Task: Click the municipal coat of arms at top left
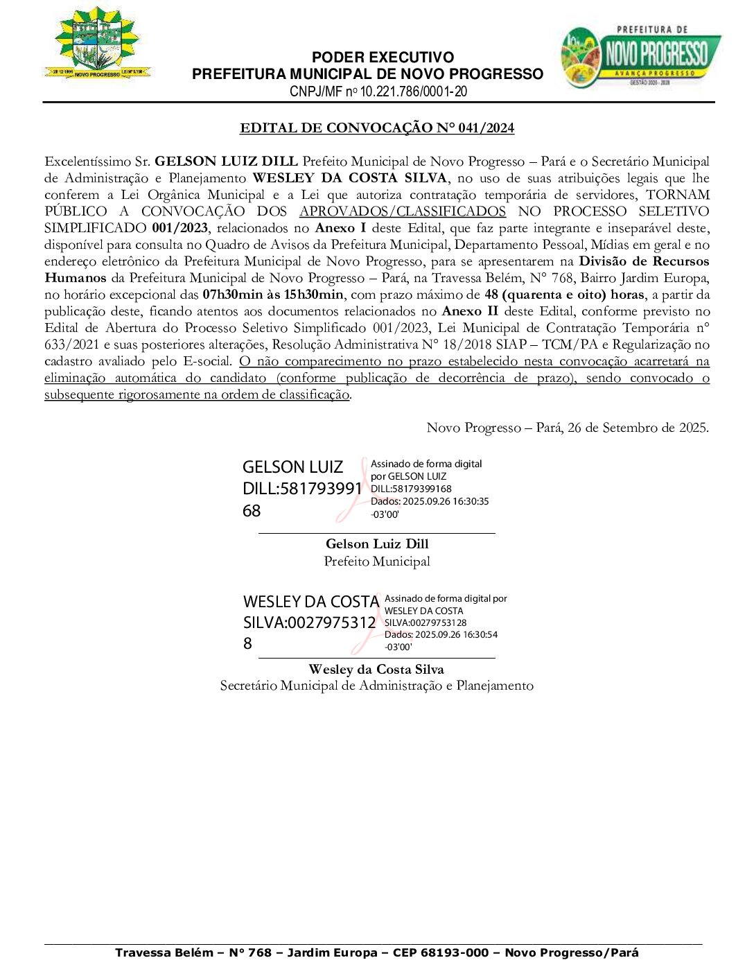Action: (x=97, y=43)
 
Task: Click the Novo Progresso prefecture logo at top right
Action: (x=640, y=57)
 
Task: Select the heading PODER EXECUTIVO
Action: (x=383, y=58)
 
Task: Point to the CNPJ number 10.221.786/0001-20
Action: (x=413, y=91)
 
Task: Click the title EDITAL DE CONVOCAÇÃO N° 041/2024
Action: (x=377, y=128)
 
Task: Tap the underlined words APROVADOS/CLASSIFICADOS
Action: (x=403, y=211)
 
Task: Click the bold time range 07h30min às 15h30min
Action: (x=273, y=295)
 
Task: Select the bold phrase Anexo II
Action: (x=470, y=311)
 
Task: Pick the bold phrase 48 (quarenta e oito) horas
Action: (x=564, y=295)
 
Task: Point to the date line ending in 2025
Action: (x=568, y=428)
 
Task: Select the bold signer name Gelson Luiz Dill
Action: (x=377, y=544)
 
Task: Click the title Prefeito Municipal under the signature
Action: (x=377, y=561)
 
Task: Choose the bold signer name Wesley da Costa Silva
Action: (x=376, y=670)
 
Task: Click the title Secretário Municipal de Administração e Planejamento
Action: (x=376, y=686)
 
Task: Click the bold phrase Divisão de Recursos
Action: (x=644, y=261)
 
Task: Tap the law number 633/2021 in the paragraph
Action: (x=72, y=345)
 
